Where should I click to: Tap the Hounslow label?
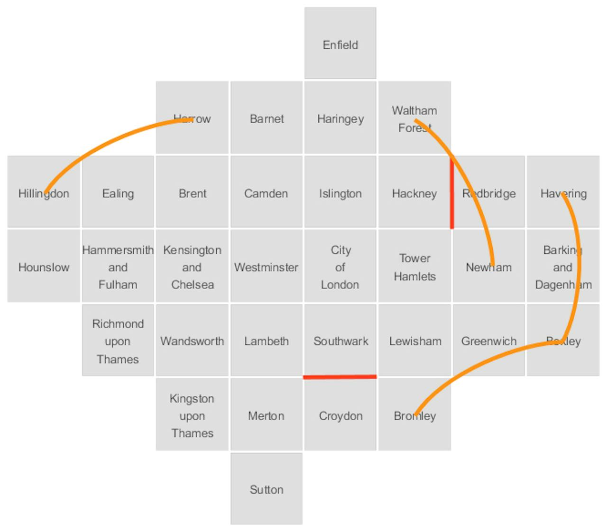pyautogui.click(x=44, y=267)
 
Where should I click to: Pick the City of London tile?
pyautogui.click(x=340, y=267)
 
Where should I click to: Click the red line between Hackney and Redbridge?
pyautogui.click(x=452, y=194)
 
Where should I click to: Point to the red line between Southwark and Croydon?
pyautogui.click(x=340, y=377)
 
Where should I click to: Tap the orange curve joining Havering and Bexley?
pyautogui.click(x=578, y=266)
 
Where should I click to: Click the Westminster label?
pyautogui.click(x=266, y=267)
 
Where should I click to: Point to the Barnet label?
pyautogui.click(x=267, y=119)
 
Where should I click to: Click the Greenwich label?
pyautogui.click(x=488, y=341)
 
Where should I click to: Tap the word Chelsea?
pyautogui.click(x=193, y=284)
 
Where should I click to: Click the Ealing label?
pyautogui.click(x=118, y=193)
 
